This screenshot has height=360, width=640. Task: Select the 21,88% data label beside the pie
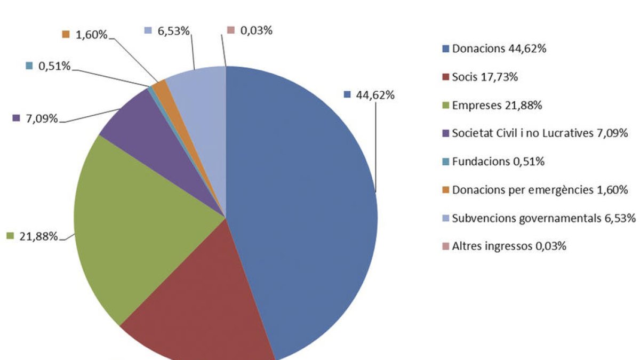(x=38, y=236)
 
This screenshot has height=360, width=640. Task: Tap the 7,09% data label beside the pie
(x=42, y=118)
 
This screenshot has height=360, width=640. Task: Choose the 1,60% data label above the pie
(x=91, y=35)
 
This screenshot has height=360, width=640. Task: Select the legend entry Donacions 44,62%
(x=499, y=49)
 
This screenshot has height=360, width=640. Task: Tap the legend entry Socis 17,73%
(x=485, y=77)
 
